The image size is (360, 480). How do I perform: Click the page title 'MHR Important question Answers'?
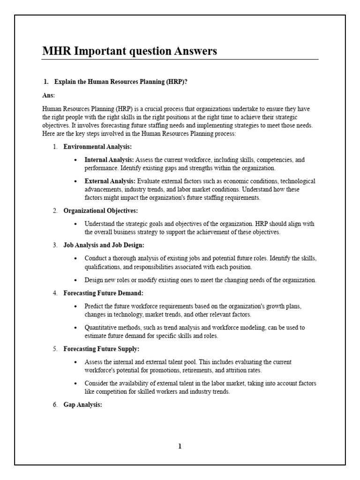click(x=129, y=51)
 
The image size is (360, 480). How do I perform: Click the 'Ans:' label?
click(x=48, y=95)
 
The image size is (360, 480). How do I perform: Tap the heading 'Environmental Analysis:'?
click(x=97, y=147)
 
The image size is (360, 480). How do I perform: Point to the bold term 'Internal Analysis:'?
click(x=109, y=160)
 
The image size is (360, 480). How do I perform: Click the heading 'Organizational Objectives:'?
click(x=101, y=210)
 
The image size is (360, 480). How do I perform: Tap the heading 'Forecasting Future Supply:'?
click(x=101, y=349)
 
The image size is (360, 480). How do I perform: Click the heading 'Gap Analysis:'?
click(x=82, y=405)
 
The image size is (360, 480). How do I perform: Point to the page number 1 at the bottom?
click(x=180, y=446)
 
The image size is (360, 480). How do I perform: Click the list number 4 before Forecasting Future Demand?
click(x=55, y=293)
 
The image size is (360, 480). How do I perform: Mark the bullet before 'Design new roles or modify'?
click(x=76, y=280)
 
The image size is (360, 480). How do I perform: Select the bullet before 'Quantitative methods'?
click(x=76, y=328)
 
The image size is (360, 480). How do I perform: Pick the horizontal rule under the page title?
click(x=180, y=60)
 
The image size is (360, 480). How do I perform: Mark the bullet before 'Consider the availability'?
click(x=76, y=383)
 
